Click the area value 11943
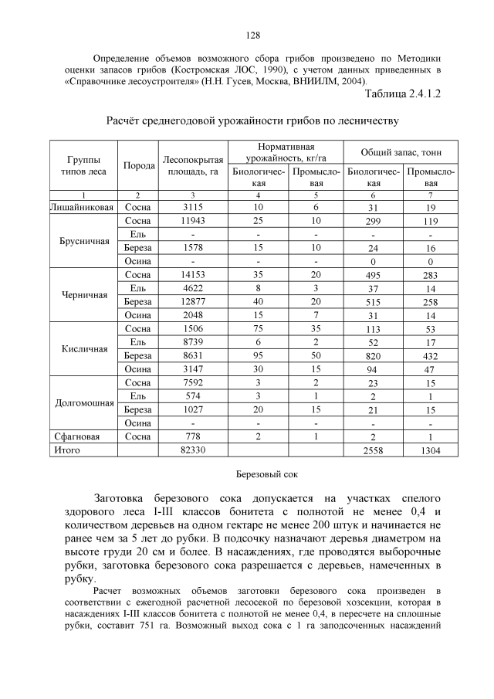[192, 221]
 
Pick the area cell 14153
[192, 274]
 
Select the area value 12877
[192, 300]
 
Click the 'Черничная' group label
[83, 294]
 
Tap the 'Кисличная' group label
[83, 348]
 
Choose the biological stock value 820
[374, 355]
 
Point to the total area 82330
[192, 450]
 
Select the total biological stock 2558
[374, 450]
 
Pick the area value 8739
[192, 341]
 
